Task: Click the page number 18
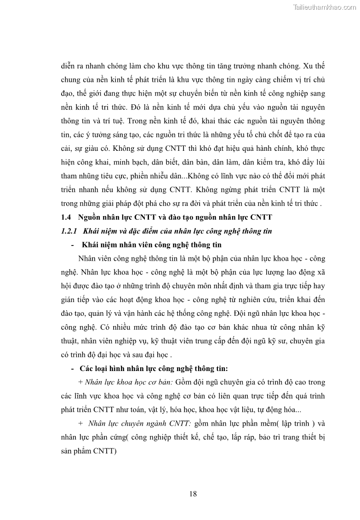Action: [x=193, y=494]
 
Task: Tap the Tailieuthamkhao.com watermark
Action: [x=325, y=7]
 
